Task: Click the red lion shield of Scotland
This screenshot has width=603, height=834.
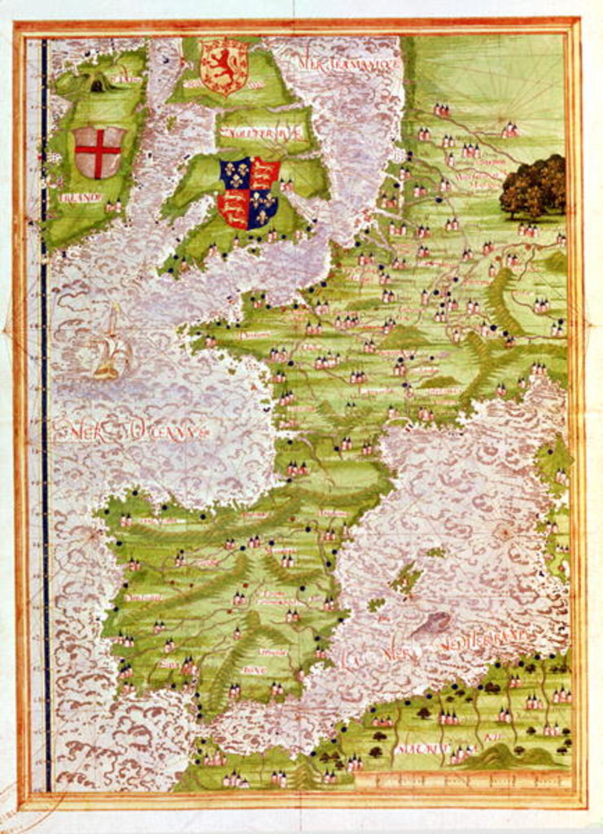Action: [x=224, y=66]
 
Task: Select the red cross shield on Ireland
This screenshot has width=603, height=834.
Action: [x=98, y=151]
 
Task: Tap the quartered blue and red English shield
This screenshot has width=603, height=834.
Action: [x=249, y=192]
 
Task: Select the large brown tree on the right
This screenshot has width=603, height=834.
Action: [x=533, y=187]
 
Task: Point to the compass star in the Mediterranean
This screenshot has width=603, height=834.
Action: [x=504, y=533]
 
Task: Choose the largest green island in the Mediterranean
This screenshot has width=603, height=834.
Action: [x=407, y=578]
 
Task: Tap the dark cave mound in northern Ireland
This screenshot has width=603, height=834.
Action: [x=98, y=84]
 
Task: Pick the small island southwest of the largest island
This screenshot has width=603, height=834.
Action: [x=375, y=604]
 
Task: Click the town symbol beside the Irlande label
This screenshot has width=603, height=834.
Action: [x=111, y=207]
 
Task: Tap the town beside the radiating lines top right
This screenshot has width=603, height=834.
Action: [x=510, y=129]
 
